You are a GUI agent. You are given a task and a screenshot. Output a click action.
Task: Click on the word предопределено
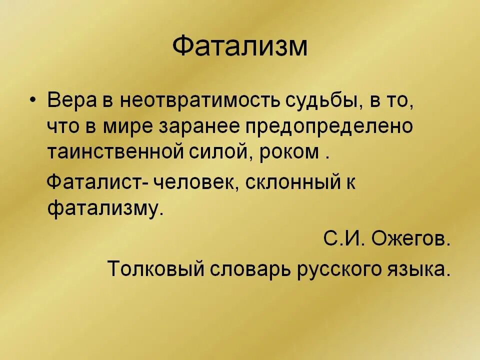pyautogui.click(x=329, y=127)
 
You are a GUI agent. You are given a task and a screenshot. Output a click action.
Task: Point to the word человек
pyautogui.click(x=192, y=182)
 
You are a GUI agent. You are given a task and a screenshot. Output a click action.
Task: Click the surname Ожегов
pyautogui.click(x=410, y=239)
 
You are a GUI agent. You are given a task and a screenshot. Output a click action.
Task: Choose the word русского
pyautogui.click(x=340, y=269)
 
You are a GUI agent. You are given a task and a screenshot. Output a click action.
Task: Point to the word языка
pyautogui.click(x=420, y=269)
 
